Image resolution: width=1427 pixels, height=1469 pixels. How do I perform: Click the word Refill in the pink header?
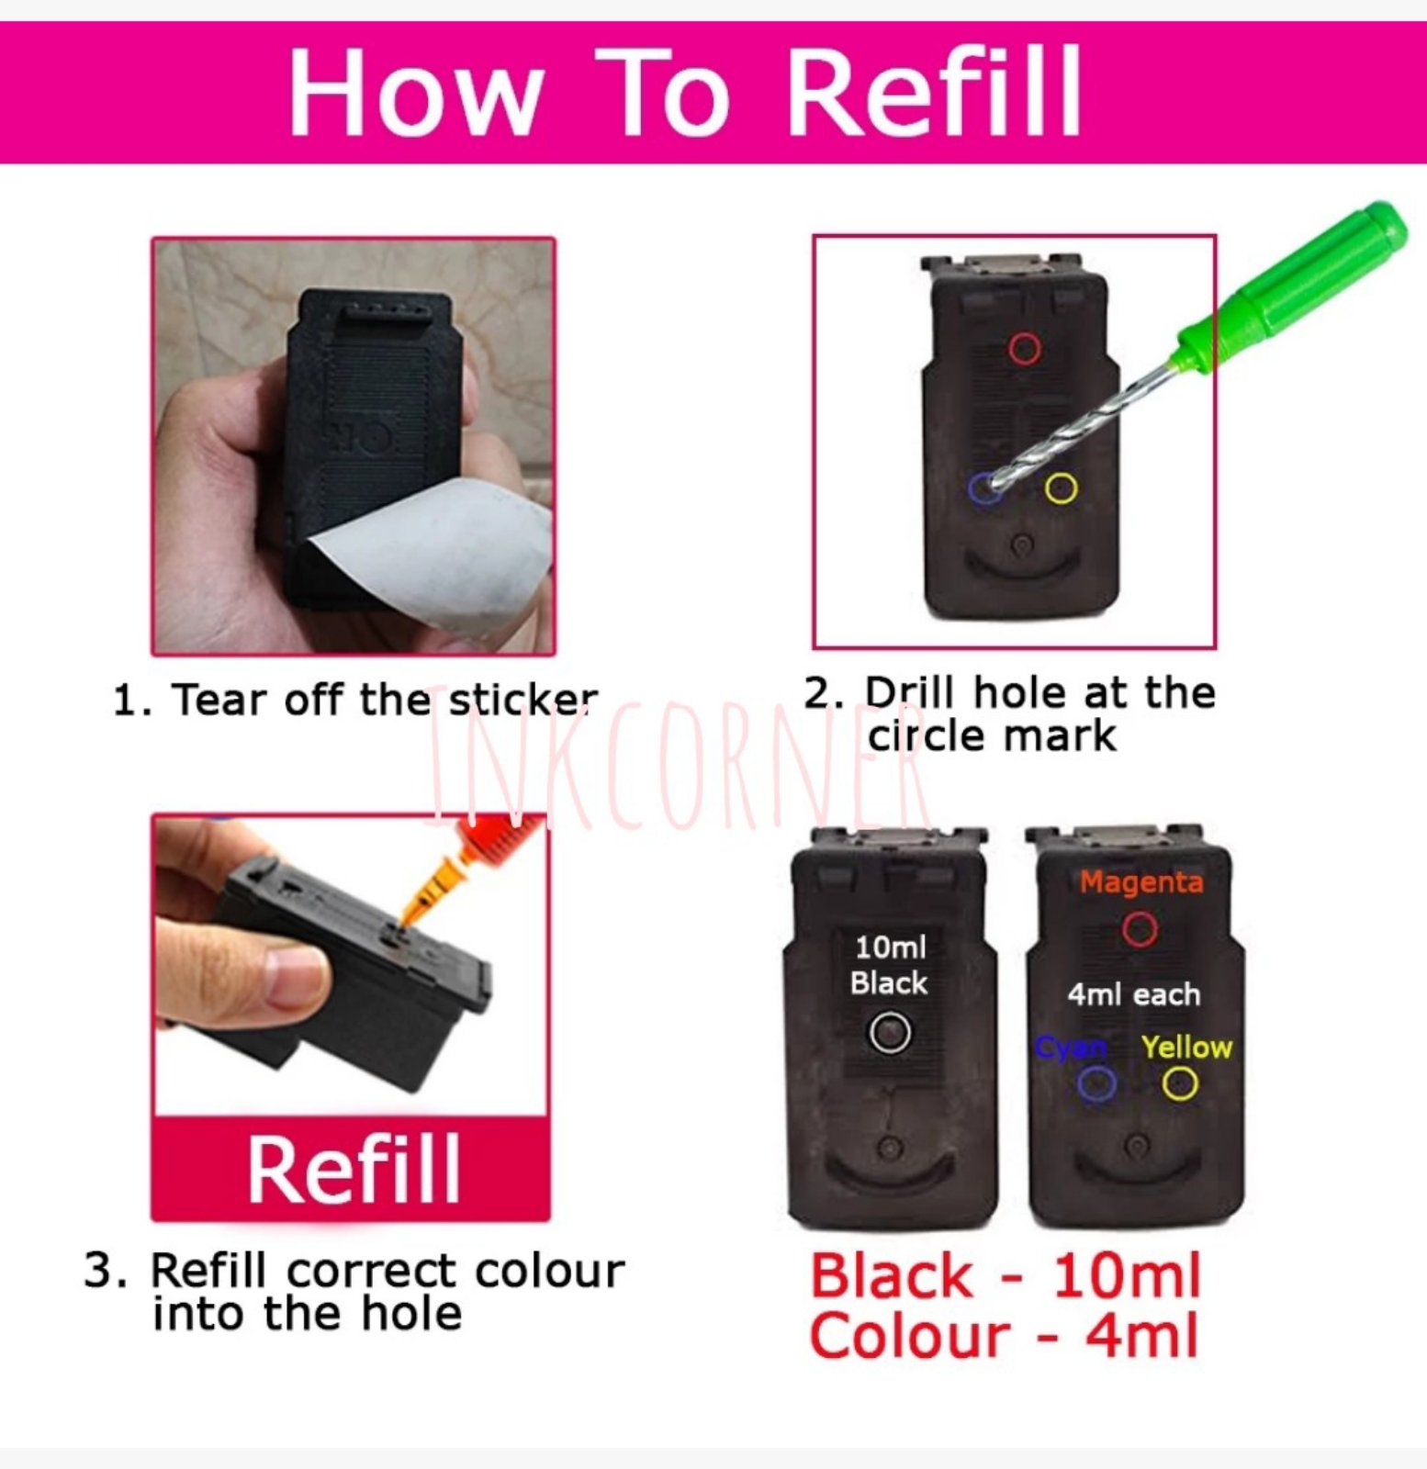(935, 92)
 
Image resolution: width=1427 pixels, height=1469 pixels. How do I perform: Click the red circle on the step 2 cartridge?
(1025, 349)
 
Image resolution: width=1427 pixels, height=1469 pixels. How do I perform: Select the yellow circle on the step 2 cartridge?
(1061, 488)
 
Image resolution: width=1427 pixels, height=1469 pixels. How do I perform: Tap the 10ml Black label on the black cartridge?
(889, 965)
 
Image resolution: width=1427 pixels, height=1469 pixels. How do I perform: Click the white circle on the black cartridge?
(890, 1032)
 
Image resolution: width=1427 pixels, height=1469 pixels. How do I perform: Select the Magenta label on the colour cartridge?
(1140, 882)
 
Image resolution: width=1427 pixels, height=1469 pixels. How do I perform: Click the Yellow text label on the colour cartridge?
(1185, 1047)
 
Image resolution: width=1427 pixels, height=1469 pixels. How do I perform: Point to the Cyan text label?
(1071, 1048)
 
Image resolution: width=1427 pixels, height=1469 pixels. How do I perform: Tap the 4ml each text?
(1133, 994)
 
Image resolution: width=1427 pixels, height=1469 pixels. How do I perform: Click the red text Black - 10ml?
(1005, 1276)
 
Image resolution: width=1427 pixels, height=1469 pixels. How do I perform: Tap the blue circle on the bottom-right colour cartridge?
(1096, 1084)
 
